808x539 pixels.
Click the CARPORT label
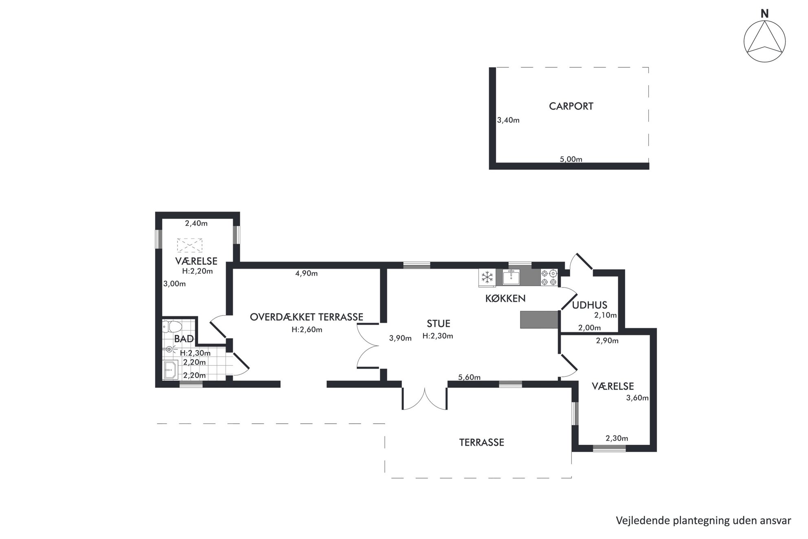(x=571, y=106)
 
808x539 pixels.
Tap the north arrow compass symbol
(x=764, y=42)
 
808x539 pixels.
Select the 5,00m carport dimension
(x=571, y=159)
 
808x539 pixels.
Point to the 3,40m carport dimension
(x=508, y=120)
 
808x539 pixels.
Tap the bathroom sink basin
(x=171, y=370)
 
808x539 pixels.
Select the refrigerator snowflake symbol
(x=487, y=277)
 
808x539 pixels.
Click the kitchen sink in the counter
(x=511, y=277)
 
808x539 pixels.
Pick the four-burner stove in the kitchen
(x=549, y=277)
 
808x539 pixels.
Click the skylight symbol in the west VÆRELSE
(x=190, y=245)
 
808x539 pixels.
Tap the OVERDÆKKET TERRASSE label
(x=306, y=317)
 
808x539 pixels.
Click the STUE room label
(x=438, y=324)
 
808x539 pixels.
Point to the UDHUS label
(x=589, y=305)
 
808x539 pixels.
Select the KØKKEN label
(x=505, y=299)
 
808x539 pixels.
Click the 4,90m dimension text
(x=306, y=273)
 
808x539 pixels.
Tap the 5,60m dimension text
(x=469, y=377)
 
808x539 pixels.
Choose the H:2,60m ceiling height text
(x=307, y=330)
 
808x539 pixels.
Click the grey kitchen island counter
(x=539, y=319)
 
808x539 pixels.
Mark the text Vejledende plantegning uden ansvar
(x=703, y=521)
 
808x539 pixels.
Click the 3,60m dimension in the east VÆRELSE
(x=637, y=398)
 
